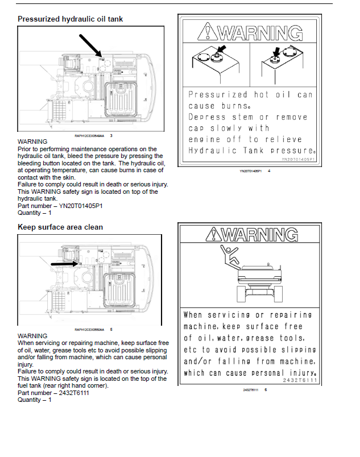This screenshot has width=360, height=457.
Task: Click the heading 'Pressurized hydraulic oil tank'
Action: [x=70, y=19]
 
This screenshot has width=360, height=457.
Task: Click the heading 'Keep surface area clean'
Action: [x=60, y=227]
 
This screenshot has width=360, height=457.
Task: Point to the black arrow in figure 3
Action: [x=90, y=45]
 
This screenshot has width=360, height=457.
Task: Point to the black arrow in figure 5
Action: [x=63, y=264]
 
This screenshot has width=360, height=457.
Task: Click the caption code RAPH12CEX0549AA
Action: [x=90, y=136]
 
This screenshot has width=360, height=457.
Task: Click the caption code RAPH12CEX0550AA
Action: [x=90, y=329]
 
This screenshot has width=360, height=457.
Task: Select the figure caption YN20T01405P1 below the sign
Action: [x=250, y=171]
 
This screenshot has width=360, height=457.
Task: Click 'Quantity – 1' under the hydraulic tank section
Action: [x=35, y=213]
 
